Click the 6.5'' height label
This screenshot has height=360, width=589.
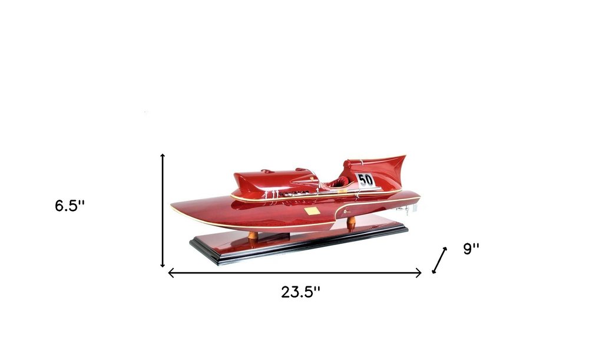click(x=70, y=206)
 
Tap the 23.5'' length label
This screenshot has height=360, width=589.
click(x=300, y=291)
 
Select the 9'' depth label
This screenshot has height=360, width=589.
click(x=472, y=249)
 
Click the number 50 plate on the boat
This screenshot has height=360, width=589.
click(x=366, y=179)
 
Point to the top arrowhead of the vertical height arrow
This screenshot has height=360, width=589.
click(x=163, y=155)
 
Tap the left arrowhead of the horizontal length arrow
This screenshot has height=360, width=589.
click(x=171, y=273)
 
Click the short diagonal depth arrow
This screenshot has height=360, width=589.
click(x=439, y=260)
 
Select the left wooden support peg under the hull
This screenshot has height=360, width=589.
click(x=253, y=235)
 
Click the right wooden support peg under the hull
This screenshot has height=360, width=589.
click(x=351, y=223)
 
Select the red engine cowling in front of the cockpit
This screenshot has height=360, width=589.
click(x=271, y=180)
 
